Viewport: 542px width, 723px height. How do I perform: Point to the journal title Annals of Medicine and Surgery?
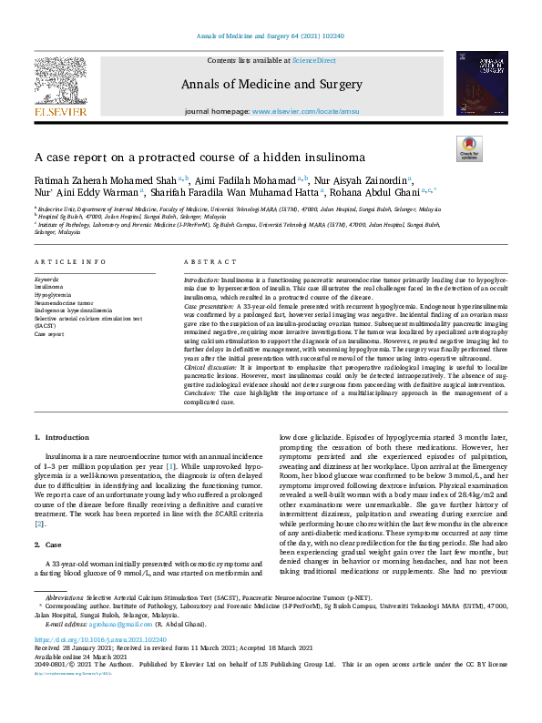[271, 84]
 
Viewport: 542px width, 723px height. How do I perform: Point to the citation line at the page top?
[271, 36]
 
